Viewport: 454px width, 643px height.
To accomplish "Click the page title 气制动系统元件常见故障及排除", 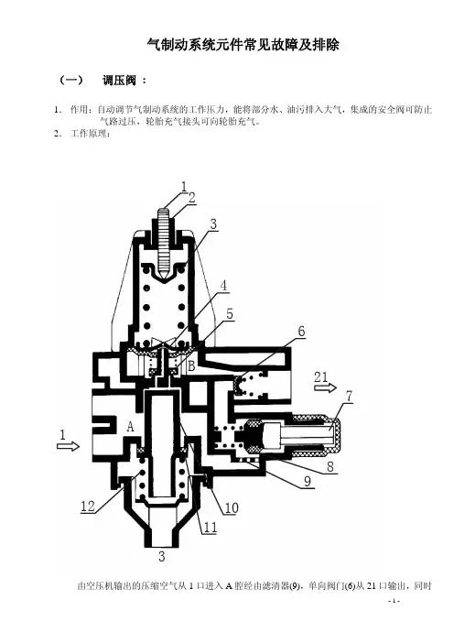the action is [x=243, y=45].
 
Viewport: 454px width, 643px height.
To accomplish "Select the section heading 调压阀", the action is [x=119, y=80].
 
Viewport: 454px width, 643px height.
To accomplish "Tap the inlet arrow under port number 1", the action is [x=68, y=446].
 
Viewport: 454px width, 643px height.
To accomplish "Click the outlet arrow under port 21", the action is [x=325, y=387].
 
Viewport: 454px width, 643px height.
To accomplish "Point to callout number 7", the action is [x=349, y=396].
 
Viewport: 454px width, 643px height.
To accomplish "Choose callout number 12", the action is [x=88, y=506].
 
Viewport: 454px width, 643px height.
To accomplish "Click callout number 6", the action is [x=301, y=331].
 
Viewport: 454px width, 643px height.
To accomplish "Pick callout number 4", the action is [x=223, y=286].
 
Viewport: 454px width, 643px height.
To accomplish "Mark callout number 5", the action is [x=230, y=313].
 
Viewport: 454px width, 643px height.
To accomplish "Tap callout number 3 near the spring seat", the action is [x=213, y=224].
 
